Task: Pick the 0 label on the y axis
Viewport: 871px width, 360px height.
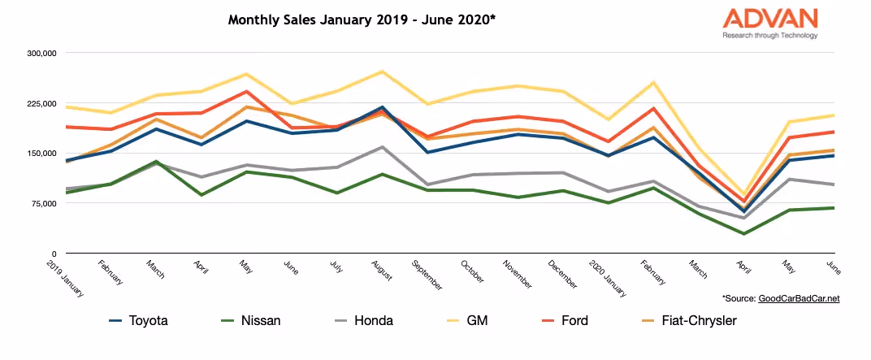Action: click(x=53, y=254)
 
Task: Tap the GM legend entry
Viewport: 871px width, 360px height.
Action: click(x=479, y=321)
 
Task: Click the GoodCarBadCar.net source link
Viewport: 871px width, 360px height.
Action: click(x=799, y=299)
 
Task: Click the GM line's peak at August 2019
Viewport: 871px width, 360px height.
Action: click(x=382, y=72)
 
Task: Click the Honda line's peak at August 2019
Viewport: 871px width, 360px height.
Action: click(x=382, y=147)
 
